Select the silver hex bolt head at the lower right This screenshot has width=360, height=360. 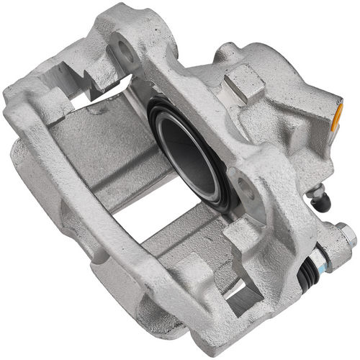[346, 234]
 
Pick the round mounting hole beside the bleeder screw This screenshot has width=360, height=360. [246, 189]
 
